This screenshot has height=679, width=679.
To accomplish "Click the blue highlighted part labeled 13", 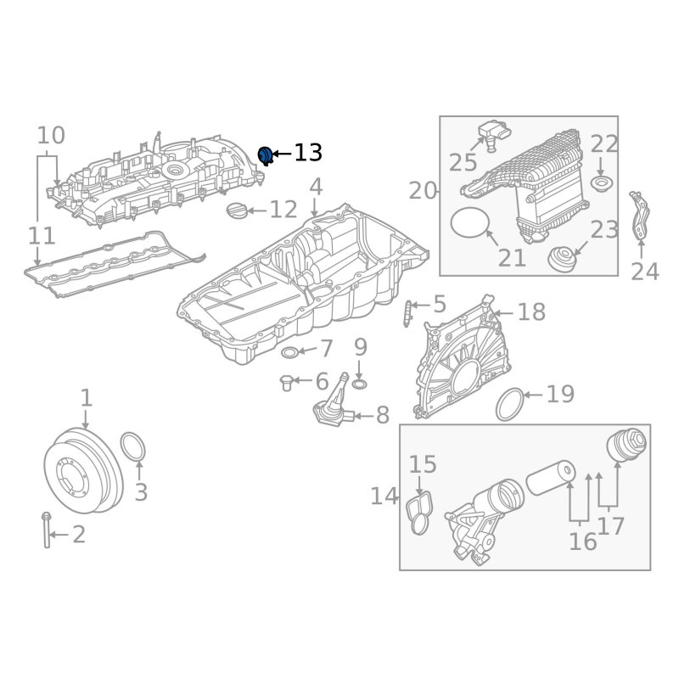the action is pos(265,155).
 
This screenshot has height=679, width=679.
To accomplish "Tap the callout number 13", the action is pos(308,153).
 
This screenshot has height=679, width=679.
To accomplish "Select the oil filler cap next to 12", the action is pos(237,210).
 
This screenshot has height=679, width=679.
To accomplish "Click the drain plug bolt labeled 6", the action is pos(286,383).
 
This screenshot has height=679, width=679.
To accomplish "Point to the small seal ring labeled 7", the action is pos(289,352).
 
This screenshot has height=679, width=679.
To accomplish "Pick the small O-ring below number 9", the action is pos(359,384).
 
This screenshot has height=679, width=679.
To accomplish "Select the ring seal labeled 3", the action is pos(133,446).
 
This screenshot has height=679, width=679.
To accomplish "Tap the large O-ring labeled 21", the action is pos(470,222).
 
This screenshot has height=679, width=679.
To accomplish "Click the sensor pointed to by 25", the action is pos(495,134).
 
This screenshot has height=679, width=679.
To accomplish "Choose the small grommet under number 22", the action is pos(603,184).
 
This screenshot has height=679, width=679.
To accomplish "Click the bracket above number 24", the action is pos(640,216).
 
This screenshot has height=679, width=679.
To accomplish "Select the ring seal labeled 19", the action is pos(510,405).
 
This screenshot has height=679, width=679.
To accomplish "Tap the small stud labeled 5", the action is pos(407,313).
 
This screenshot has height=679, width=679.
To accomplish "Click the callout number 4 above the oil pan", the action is pos(316,187).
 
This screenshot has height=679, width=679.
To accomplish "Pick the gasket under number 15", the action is pos(420,513).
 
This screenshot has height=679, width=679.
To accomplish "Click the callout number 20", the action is pos(423,191).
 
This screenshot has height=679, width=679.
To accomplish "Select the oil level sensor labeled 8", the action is pos(334,402).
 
